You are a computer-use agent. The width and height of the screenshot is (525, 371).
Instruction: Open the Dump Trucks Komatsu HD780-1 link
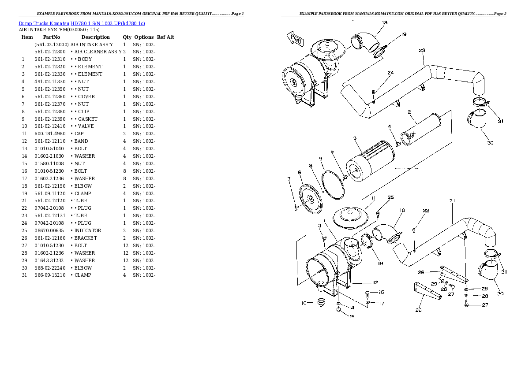coord(82,23)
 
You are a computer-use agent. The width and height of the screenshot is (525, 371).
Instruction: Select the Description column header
coord(95,37)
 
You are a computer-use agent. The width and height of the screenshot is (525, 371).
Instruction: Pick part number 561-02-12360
coord(49,96)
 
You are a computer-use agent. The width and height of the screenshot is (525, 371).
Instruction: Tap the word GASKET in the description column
coord(88,119)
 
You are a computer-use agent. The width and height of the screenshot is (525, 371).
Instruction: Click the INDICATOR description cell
coord(88,230)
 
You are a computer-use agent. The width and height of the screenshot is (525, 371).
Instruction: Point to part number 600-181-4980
coord(49,134)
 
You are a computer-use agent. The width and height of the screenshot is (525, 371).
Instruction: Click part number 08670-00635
coord(49,230)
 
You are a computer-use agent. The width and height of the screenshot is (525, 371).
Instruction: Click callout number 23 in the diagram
coord(422,51)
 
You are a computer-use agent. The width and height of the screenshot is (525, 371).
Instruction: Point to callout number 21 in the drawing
coord(452,201)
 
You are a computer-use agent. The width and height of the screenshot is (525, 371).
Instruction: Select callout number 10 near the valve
coord(304,303)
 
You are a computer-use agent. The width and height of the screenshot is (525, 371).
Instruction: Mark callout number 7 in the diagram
coord(289,178)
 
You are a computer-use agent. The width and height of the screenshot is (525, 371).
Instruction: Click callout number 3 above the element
coord(354,138)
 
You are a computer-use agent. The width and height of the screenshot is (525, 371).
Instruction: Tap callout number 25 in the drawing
coord(390,197)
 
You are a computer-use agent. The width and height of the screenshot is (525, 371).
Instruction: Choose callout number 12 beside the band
coord(375,282)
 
